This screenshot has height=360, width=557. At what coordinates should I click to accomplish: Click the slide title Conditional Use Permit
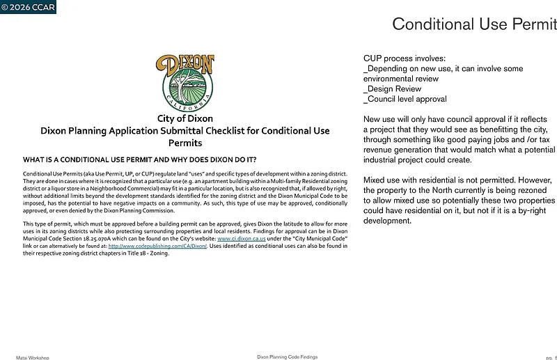[x=473, y=24]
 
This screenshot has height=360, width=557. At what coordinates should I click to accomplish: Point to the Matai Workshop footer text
[x=33, y=357]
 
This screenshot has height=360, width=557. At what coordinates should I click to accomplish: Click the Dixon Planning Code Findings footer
[x=287, y=357]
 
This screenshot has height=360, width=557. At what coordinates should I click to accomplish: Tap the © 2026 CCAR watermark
[x=28, y=8]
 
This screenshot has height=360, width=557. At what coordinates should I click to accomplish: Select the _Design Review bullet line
[x=393, y=89]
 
